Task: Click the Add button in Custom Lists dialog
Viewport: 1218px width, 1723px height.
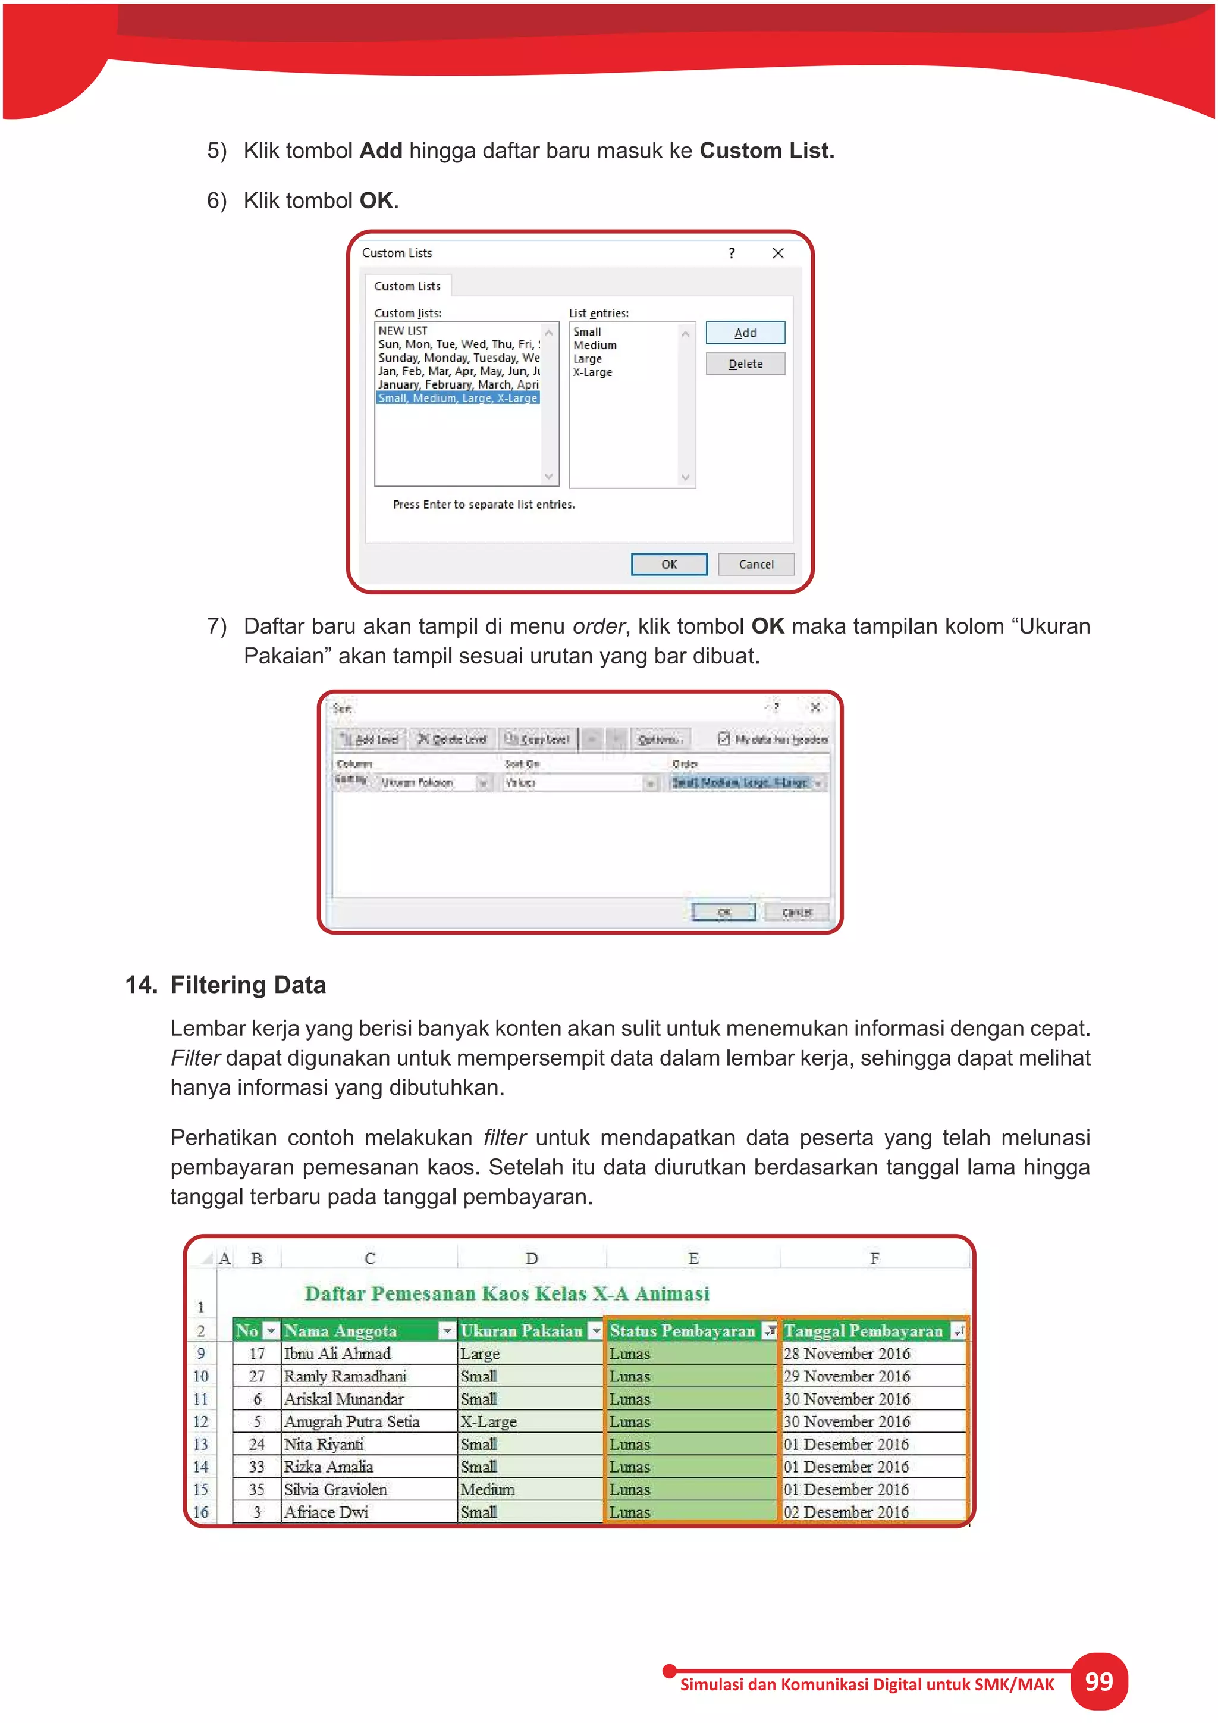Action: coord(745,333)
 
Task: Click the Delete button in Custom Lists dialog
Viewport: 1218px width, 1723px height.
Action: coord(745,364)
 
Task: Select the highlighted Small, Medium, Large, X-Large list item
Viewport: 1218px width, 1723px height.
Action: coord(457,398)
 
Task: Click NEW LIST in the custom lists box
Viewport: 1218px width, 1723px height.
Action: coord(403,330)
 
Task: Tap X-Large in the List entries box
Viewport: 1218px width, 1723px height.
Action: coord(592,372)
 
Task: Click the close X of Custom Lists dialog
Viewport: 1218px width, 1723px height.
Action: coord(778,253)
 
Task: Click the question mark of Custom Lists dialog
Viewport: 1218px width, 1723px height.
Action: coord(732,253)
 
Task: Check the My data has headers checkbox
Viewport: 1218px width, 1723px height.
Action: coord(724,738)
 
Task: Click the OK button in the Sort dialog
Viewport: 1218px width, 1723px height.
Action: coord(724,912)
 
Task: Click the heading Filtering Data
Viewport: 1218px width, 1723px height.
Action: coord(247,985)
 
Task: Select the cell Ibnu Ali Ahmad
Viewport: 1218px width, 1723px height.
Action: coord(337,1353)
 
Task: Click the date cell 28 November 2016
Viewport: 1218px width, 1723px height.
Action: coord(847,1353)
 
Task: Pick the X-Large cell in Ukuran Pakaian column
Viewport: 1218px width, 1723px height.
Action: coord(488,1421)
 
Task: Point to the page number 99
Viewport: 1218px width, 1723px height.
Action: coord(1098,1682)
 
